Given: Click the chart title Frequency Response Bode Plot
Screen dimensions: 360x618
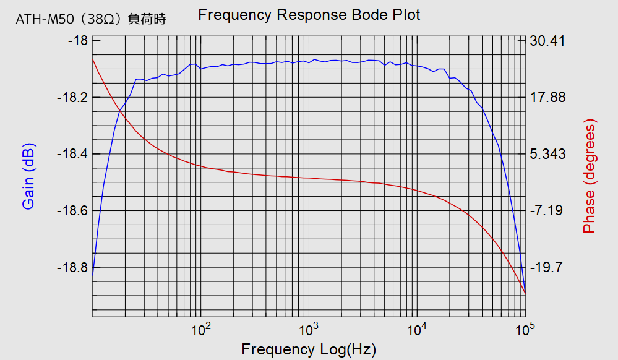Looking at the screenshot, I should tap(309, 15).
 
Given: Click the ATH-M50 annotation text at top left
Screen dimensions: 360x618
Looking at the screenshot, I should tap(91, 20).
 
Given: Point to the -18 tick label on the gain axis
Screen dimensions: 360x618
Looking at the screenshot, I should tap(76, 41).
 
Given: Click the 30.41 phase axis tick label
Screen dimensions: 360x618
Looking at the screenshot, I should tap(547, 41).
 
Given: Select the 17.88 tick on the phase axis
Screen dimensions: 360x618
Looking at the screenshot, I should tap(547, 98).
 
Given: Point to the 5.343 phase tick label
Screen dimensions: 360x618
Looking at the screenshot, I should tap(547, 154).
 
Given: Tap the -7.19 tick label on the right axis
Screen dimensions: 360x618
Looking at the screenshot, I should tap(546, 211).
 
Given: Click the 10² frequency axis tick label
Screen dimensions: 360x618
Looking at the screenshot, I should tap(202, 328).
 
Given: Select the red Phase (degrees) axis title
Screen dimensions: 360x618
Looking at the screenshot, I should tap(589, 178).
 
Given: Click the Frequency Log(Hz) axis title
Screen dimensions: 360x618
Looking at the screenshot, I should tap(309, 349).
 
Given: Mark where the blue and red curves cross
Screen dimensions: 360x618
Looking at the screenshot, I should tap(119, 111).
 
